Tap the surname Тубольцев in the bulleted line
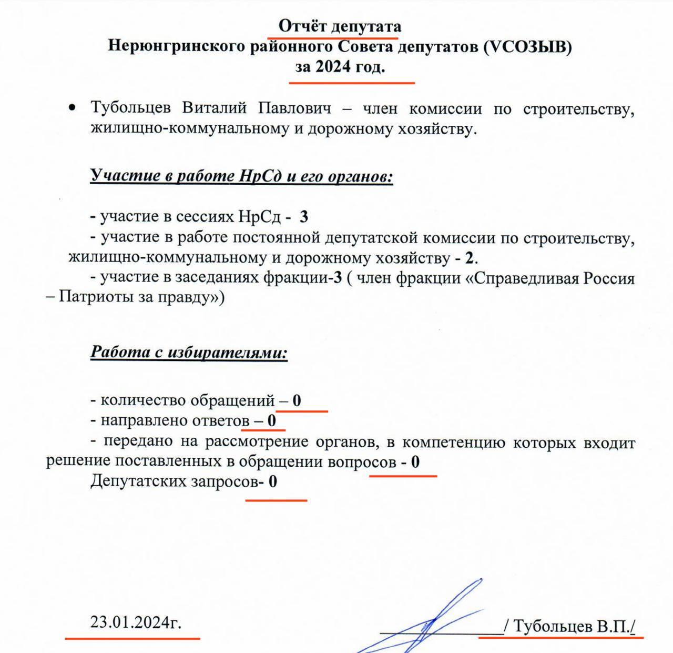(130, 108)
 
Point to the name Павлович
(294, 108)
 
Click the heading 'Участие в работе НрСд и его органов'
(241, 175)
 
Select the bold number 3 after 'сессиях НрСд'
(303, 217)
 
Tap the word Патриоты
(96, 298)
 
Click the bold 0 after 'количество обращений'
(297, 401)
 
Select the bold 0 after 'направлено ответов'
(271, 421)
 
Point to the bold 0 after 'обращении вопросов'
(415, 463)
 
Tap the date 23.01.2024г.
(136, 622)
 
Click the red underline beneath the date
(132, 638)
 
